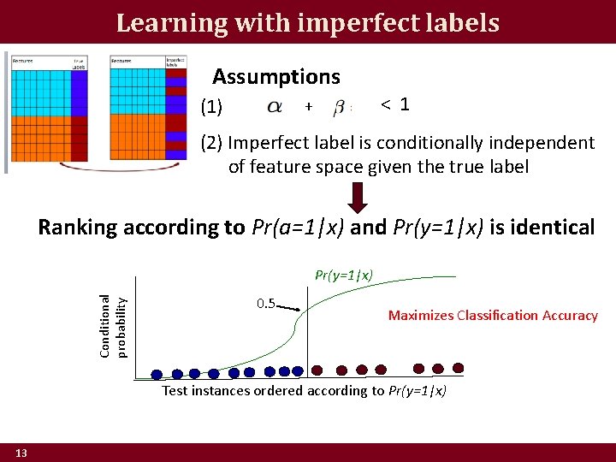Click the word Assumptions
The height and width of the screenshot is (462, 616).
click(x=275, y=77)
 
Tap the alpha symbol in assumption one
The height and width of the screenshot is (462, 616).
click(x=274, y=107)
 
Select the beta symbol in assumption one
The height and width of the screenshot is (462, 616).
click(x=339, y=107)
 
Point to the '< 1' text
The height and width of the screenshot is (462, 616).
click(x=394, y=104)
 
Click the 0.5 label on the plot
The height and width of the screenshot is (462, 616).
click(x=266, y=304)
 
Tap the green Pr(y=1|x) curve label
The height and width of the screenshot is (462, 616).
click(x=343, y=275)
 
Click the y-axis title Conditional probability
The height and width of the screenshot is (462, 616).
click(x=112, y=326)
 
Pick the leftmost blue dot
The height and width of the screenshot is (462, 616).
click(x=157, y=373)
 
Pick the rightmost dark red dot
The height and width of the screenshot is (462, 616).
click(x=458, y=368)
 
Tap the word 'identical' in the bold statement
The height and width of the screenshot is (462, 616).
click(x=550, y=228)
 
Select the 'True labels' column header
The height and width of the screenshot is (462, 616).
click(x=79, y=62)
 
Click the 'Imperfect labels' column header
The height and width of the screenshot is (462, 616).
click(x=175, y=62)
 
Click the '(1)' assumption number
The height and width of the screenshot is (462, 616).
click(x=211, y=108)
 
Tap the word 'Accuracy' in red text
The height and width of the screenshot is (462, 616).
click(x=570, y=316)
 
